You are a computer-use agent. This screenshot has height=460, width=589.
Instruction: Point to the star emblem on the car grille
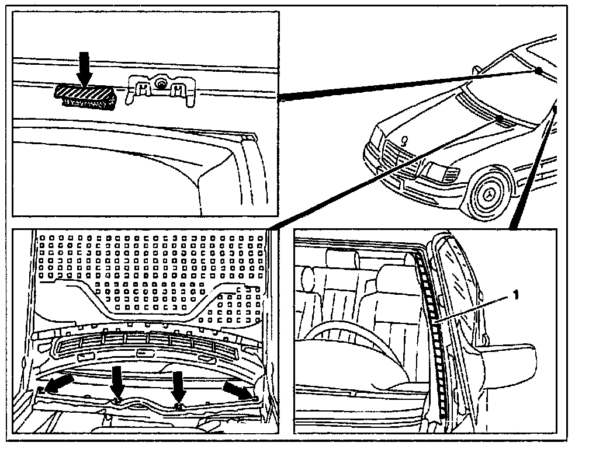(x=404, y=141)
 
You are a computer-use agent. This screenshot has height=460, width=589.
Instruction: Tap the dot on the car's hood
(x=500, y=119)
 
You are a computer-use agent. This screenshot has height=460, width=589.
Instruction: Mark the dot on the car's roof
(x=538, y=71)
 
